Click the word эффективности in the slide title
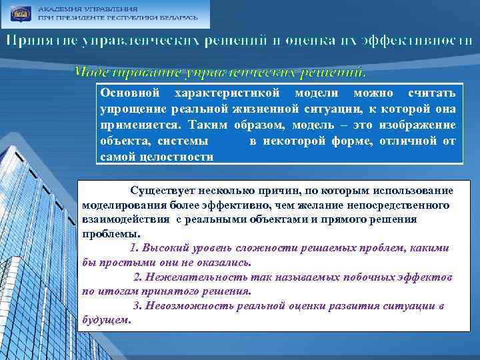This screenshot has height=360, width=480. point(417,41)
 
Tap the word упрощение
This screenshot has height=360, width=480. point(133,109)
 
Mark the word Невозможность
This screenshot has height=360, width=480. point(179,306)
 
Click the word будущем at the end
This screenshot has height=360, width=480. point(105,320)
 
